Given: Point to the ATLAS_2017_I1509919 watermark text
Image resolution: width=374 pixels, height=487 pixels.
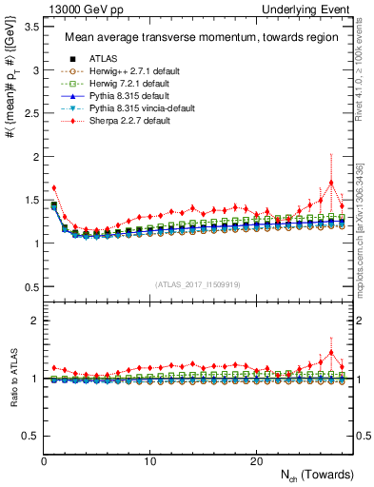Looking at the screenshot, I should pos(198,283).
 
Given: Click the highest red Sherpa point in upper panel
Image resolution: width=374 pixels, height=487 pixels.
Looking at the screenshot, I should pos(331,183).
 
